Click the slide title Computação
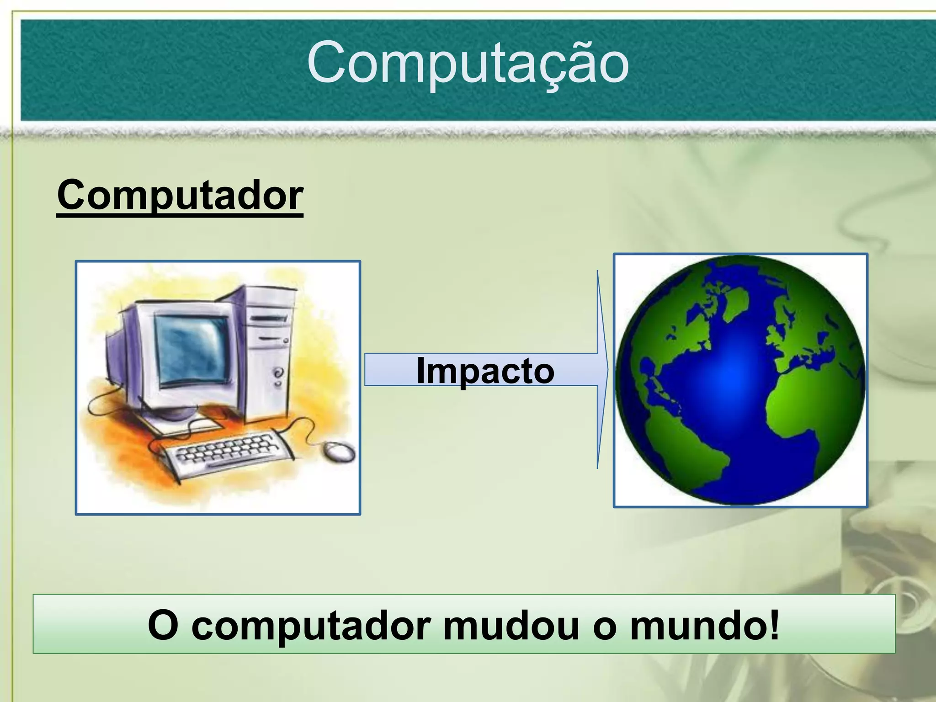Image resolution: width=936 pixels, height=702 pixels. [x=468, y=64]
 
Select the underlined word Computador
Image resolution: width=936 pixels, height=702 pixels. [x=180, y=195]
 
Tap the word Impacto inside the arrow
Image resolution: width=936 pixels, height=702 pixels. [x=485, y=370]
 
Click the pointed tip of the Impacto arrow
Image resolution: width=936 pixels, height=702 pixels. [x=607, y=369]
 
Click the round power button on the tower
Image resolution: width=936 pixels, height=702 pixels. [x=278, y=372]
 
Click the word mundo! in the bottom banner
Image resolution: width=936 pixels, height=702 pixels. [x=704, y=625]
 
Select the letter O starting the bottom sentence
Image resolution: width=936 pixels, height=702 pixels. [x=163, y=625]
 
